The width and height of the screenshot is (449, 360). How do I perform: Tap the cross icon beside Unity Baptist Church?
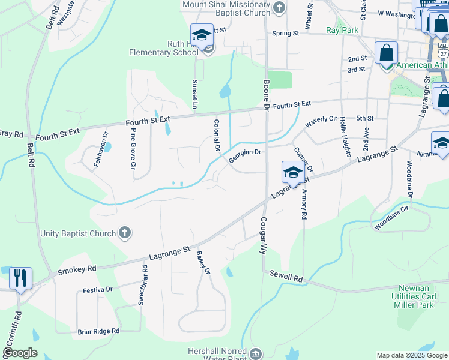coord(125,232)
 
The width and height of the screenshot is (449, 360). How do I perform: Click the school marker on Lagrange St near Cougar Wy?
coord(292,172)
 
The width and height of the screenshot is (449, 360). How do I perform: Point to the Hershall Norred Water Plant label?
coord(215,354)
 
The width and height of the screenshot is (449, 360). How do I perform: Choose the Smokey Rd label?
coord(77,270)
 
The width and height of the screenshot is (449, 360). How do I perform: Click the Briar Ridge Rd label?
coord(98,331)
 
